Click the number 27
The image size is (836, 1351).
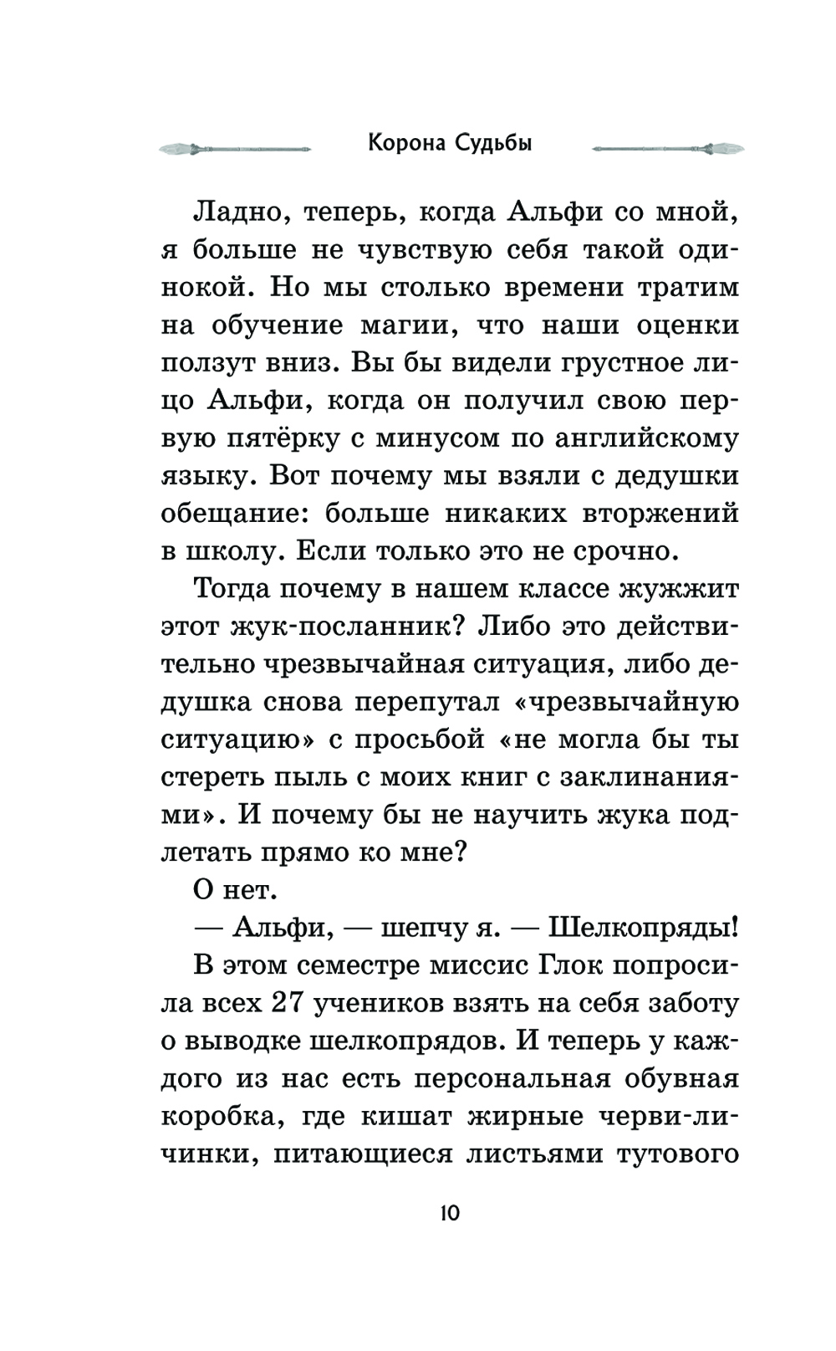294,1002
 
